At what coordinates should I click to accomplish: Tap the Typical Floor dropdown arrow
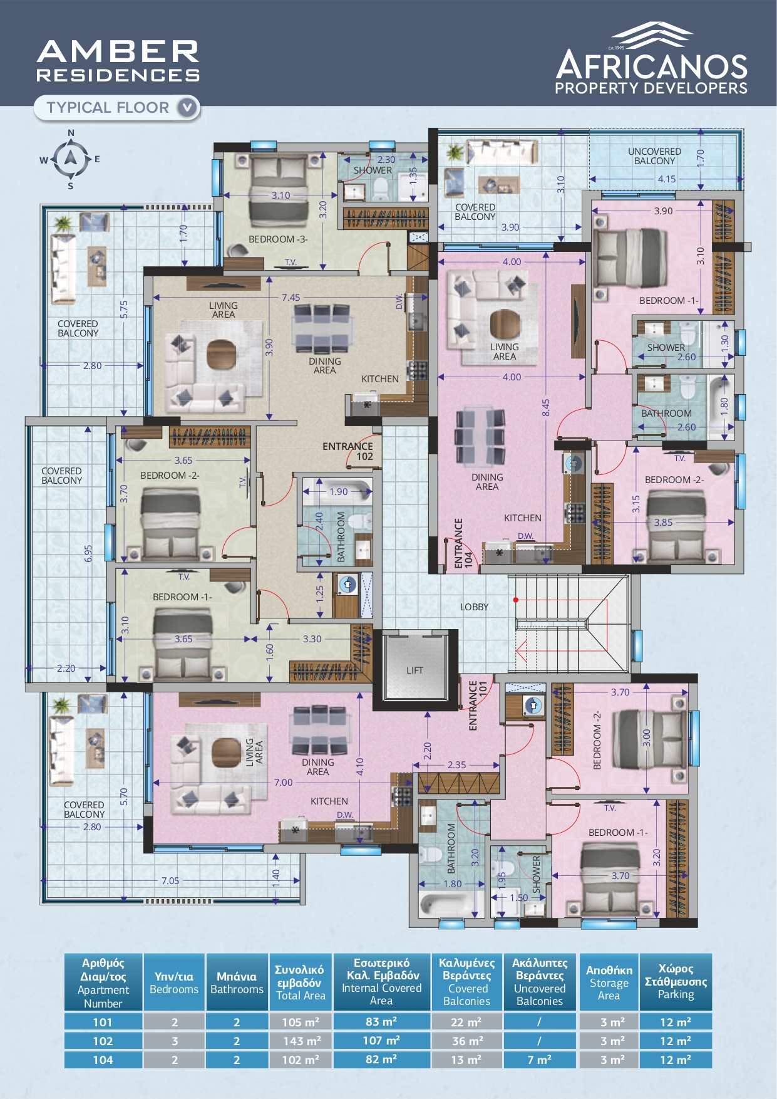click(x=187, y=108)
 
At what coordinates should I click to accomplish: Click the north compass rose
click(x=71, y=159)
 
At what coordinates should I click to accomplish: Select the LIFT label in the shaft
click(x=414, y=670)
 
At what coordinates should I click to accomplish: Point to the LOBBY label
click(x=474, y=607)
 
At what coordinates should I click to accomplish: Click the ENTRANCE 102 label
click(x=347, y=451)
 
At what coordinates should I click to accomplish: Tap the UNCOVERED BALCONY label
click(x=654, y=156)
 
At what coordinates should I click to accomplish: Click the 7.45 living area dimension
click(x=291, y=298)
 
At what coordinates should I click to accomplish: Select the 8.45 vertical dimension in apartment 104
click(x=546, y=408)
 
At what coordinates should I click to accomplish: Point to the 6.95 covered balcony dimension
click(x=88, y=553)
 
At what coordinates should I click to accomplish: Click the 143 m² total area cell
click(x=301, y=1041)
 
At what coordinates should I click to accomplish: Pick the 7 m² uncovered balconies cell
click(x=539, y=1060)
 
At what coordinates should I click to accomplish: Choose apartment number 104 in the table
click(x=103, y=1060)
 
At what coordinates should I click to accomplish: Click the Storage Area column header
click(x=609, y=982)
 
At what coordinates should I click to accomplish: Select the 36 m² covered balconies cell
click(x=467, y=1041)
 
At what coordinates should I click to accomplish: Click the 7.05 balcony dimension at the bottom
click(x=170, y=880)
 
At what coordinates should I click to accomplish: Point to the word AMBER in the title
click(x=118, y=51)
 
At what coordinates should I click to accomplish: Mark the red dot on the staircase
click(x=516, y=600)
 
